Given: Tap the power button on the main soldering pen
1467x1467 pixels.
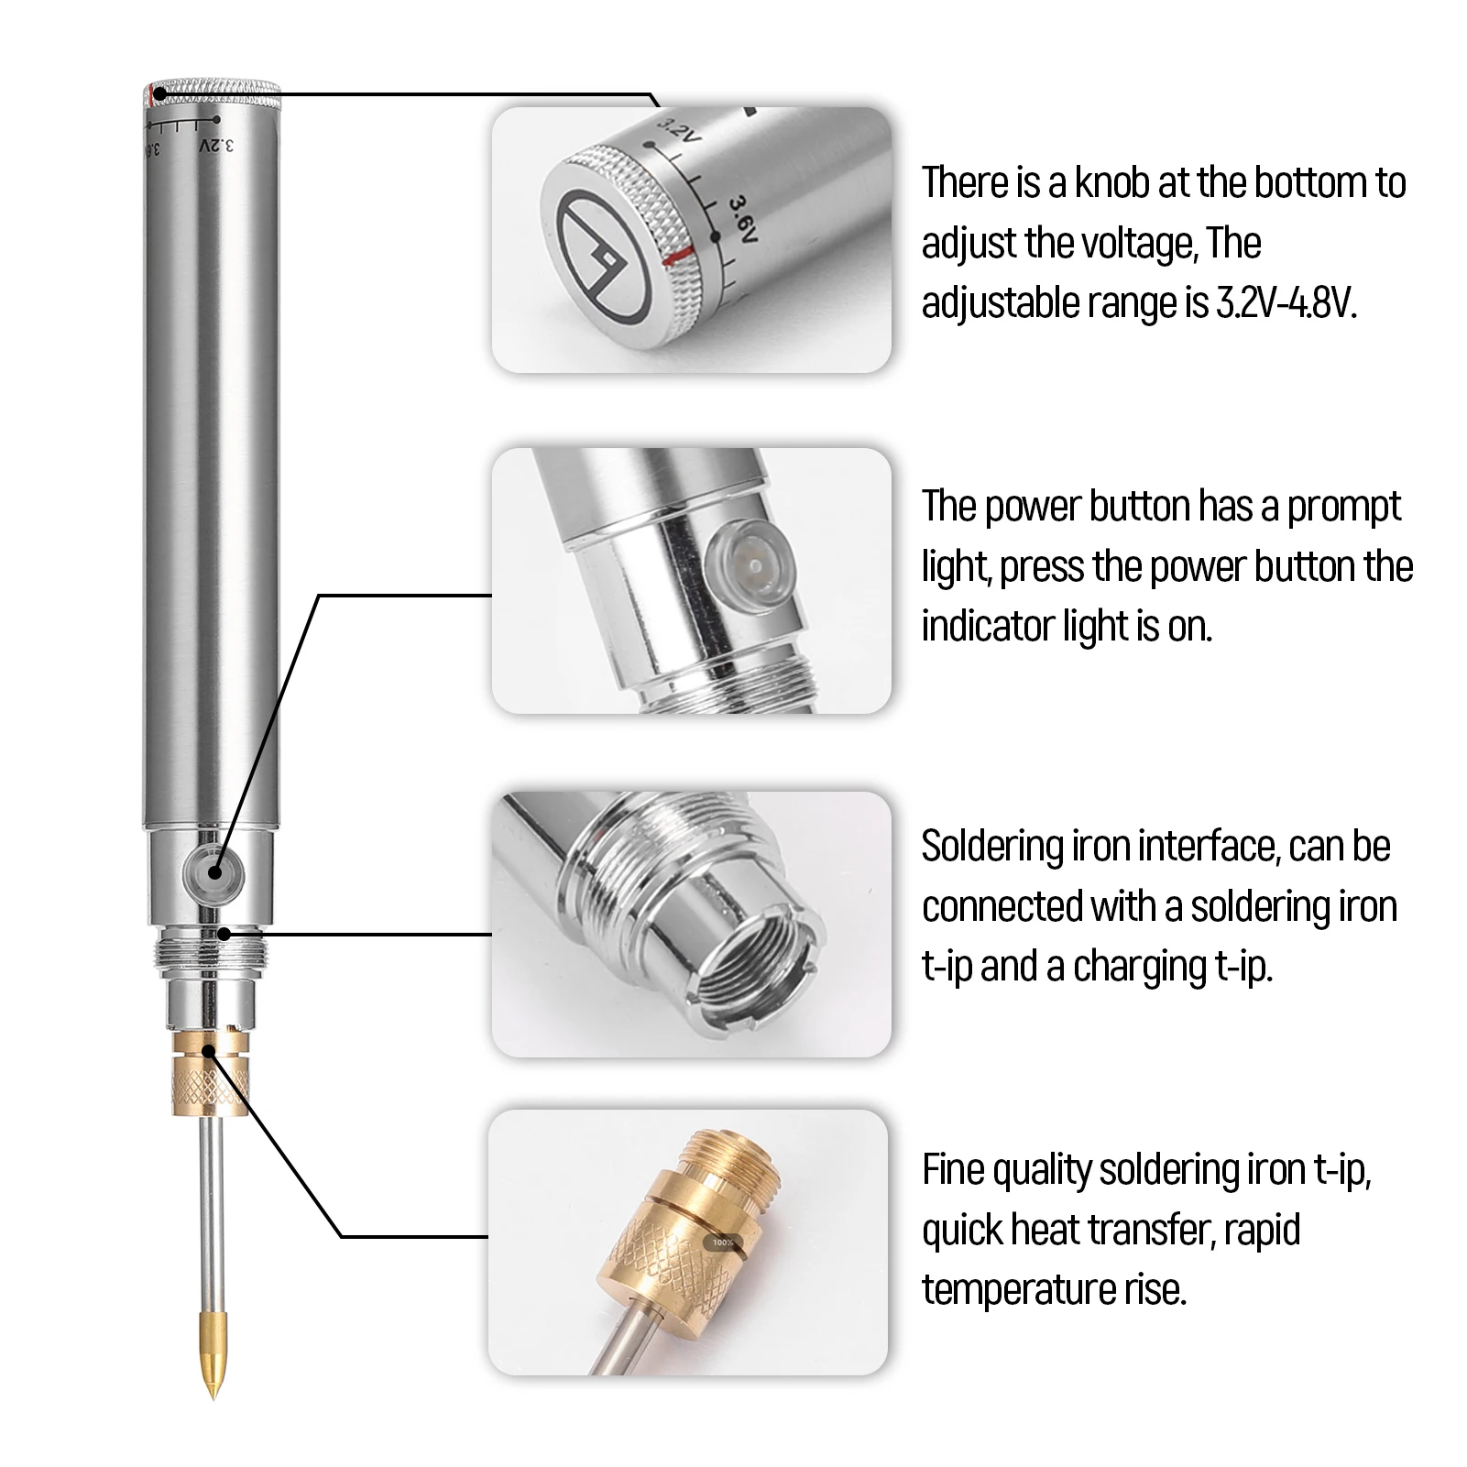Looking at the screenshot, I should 213,871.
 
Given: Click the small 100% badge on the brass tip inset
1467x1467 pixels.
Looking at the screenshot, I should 723,1243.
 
